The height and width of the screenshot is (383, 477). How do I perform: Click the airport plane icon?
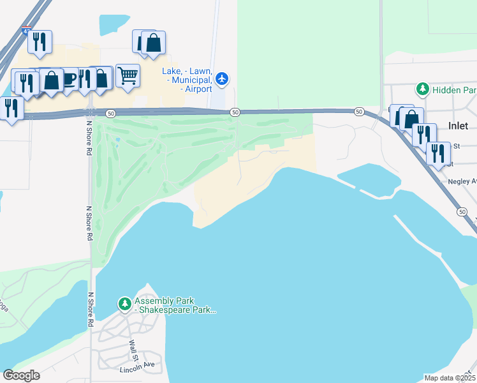(x=221, y=79)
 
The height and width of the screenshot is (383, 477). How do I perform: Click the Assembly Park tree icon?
(x=125, y=302)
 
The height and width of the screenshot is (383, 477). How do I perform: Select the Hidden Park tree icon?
(x=422, y=90)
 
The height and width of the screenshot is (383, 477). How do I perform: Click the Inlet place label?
(x=458, y=126)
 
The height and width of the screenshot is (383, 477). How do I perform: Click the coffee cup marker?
(x=69, y=79)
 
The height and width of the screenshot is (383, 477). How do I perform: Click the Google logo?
(x=21, y=375)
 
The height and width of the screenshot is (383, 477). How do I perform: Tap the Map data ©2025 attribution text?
(x=450, y=378)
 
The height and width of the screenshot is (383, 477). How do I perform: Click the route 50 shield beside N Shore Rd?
(x=111, y=113)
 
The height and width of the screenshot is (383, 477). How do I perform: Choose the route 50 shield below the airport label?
(x=235, y=112)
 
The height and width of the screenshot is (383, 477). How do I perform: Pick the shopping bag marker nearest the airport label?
(x=153, y=43)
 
